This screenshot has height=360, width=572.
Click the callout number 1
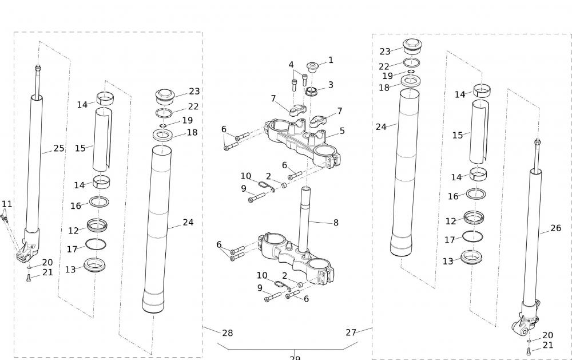click(331, 60)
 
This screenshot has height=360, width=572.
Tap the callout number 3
click(331, 85)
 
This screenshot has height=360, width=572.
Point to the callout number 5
click(342, 130)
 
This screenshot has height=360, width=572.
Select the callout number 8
click(336, 222)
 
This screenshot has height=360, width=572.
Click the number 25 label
click(59, 148)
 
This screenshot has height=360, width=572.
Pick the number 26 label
click(555, 228)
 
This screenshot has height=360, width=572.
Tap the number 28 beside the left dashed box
click(227, 333)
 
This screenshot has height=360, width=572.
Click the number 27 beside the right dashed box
click(351, 332)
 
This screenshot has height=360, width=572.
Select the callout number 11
click(7, 204)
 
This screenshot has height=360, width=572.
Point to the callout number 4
click(291, 65)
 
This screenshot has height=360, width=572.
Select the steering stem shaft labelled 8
click(305, 217)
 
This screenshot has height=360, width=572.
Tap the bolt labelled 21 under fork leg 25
click(29, 279)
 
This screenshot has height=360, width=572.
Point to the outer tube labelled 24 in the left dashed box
click(157, 229)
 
